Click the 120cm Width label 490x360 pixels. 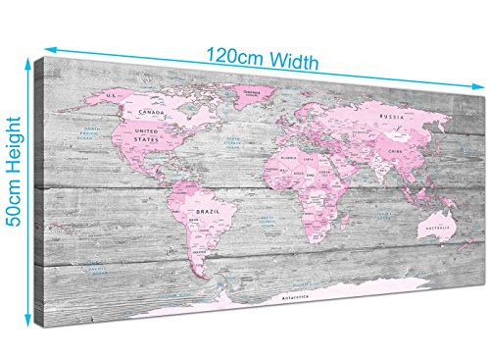pos(263,61)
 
